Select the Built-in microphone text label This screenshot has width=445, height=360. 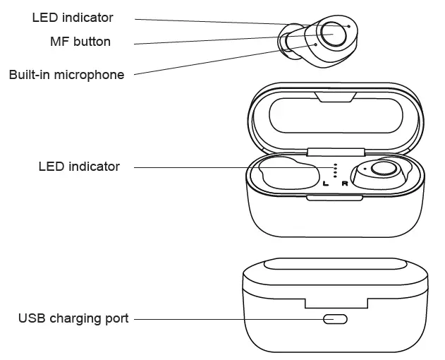point(66,75)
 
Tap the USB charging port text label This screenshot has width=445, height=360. point(73,319)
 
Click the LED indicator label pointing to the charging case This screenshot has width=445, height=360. point(79,167)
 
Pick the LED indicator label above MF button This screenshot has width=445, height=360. point(73,18)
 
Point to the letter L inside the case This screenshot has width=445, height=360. point(325,184)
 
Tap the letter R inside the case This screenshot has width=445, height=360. point(344,184)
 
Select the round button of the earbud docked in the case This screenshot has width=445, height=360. point(382,169)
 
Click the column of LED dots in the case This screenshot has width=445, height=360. point(336,170)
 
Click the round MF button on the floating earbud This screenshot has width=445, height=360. point(329,32)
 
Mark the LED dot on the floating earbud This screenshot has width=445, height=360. point(348,25)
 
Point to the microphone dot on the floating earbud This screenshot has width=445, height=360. point(315,44)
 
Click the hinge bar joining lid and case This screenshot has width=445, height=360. point(336,150)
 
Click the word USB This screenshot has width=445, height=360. point(30,319)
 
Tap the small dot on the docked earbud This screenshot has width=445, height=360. point(365,170)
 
